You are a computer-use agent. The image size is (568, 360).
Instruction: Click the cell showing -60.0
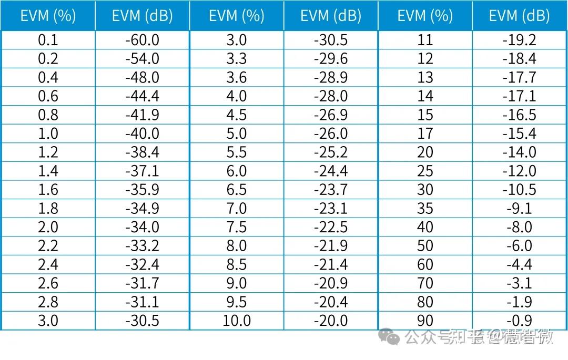(x=142, y=40)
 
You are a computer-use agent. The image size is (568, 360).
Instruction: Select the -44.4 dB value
(x=142, y=96)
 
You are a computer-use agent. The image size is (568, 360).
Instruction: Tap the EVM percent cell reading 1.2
(x=48, y=152)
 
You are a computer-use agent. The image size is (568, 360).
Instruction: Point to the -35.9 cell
(x=142, y=190)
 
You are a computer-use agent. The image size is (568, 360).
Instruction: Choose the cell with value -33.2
(x=142, y=246)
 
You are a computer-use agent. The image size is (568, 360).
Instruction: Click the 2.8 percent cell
(x=48, y=302)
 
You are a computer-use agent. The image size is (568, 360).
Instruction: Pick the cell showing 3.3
(x=237, y=59)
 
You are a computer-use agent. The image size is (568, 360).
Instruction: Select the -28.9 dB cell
(x=331, y=78)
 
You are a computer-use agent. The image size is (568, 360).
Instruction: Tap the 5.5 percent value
(x=237, y=152)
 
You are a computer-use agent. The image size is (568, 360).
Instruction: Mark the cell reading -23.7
(x=331, y=190)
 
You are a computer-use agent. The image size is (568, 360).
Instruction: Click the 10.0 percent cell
(x=237, y=321)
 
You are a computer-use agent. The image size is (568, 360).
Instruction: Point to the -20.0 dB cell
(x=331, y=321)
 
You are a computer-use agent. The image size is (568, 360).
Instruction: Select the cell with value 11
(x=425, y=40)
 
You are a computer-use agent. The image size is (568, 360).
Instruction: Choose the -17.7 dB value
(x=519, y=78)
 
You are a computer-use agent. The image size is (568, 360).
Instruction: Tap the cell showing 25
(x=425, y=171)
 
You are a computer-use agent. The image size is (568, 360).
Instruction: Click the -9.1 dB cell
(x=519, y=209)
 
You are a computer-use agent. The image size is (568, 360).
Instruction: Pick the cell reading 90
(x=425, y=321)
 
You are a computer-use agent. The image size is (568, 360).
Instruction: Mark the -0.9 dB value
(x=519, y=321)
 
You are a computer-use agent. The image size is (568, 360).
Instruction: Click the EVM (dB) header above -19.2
(x=519, y=16)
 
